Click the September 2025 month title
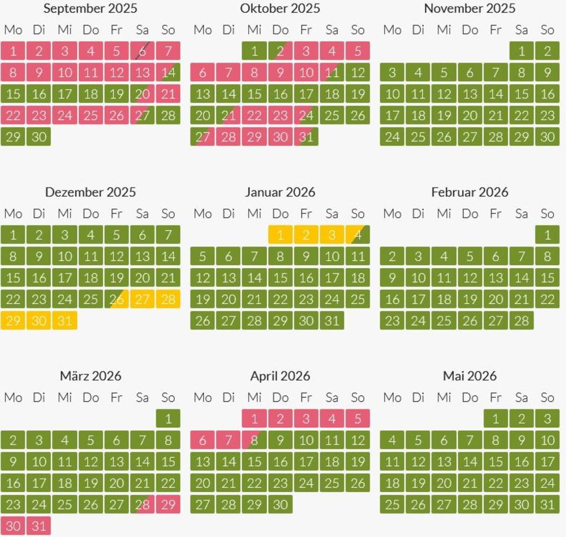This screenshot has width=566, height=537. [x=90, y=8]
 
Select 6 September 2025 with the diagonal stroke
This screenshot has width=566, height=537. [x=142, y=51]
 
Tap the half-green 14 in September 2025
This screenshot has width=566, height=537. [x=168, y=73]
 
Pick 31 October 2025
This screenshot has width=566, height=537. [x=306, y=137]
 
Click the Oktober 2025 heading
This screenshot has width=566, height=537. [x=280, y=8]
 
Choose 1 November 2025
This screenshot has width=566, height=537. [x=521, y=51]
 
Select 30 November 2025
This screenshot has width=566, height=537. [x=547, y=137]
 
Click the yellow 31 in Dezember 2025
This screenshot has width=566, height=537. [x=65, y=321]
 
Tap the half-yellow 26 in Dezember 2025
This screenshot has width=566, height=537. [x=116, y=299]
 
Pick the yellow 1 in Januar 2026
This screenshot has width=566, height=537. [x=280, y=235]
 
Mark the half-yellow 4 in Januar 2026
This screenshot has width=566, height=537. [x=357, y=235]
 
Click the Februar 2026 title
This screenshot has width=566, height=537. [x=469, y=192]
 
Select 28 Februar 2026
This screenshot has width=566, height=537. [x=521, y=321]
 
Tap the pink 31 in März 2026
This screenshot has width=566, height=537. [x=39, y=526]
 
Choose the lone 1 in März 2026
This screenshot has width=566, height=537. [x=168, y=419]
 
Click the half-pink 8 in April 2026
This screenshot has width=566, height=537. [x=254, y=440]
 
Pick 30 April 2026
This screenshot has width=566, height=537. [x=280, y=505]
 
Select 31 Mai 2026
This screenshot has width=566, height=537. [x=547, y=505]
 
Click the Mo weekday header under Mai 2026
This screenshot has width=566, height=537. [x=392, y=397]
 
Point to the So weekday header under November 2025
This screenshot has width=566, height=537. [x=547, y=29]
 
